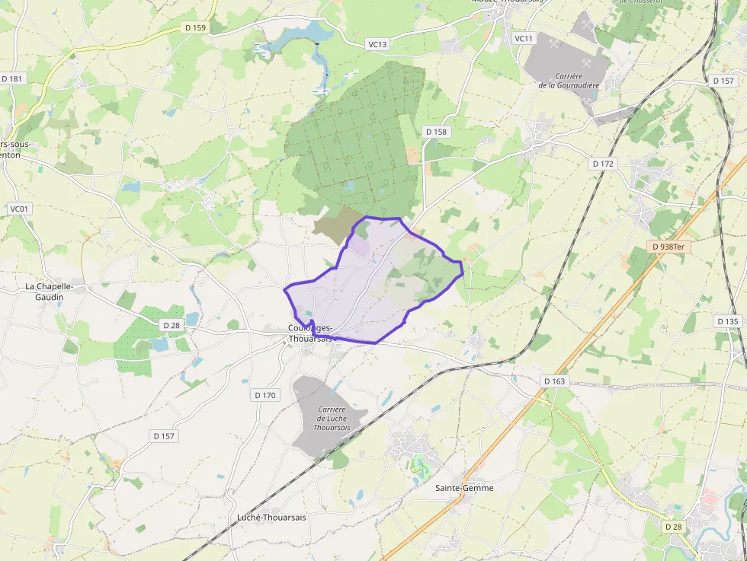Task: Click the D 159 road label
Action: (x=196, y=27)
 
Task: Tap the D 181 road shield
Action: (x=12, y=78)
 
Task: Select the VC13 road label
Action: (x=378, y=44)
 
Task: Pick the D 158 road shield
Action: (x=437, y=132)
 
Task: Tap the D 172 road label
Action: (x=602, y=164)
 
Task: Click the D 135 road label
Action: (x=728, y=321)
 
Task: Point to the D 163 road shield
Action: (x=555, y=381)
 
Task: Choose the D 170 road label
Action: (x=265, y=395)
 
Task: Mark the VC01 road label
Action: (x=18, y=209)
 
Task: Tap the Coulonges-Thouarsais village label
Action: (x=310, y=333)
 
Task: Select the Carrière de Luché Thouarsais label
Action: (x=332, y=419)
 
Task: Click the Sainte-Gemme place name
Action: (x=463, y=488)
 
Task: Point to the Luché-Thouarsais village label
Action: (x=271, y=517)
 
